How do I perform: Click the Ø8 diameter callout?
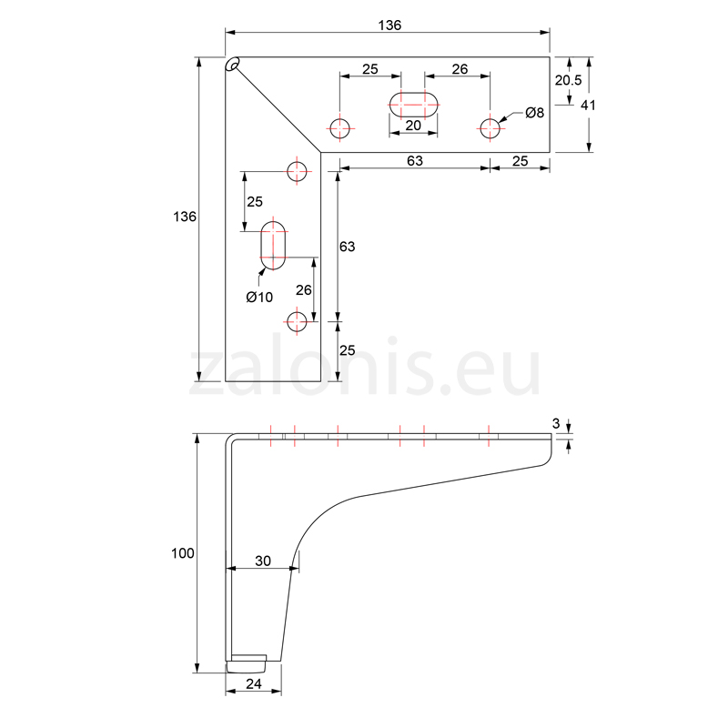tap(534, 112)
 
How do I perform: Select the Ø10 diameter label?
tap(259, 297)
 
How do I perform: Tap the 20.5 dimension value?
tap(568, 80)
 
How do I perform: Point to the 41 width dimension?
tap(588, 106)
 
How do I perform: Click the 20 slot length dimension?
tap(413, 126)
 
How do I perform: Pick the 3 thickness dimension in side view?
tap(556, 423)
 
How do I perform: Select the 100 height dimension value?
tap(183, 553)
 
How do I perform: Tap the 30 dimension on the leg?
tap(263, 561)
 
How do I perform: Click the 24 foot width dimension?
tap(254, 683)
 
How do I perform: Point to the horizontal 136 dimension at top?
tap(389, 25)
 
